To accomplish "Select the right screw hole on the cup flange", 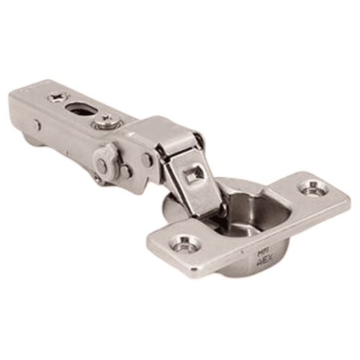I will (x=313, y=189).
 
